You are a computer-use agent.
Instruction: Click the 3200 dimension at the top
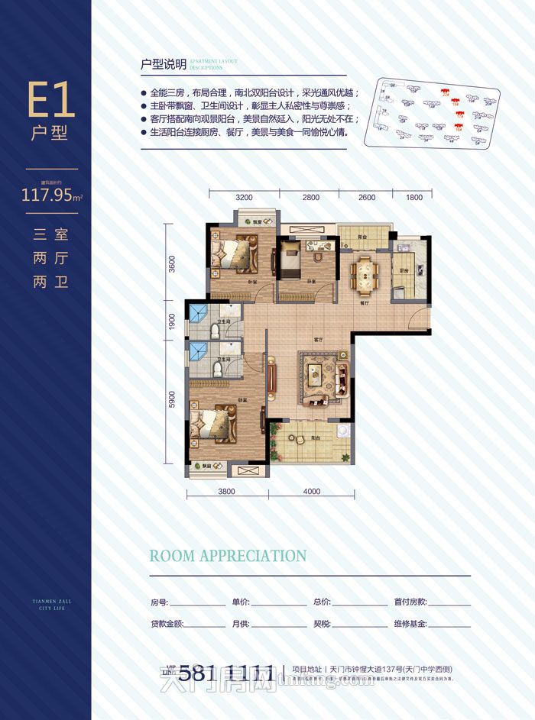click(x=244, y=198)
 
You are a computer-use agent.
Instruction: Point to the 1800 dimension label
click(x=413, y=198)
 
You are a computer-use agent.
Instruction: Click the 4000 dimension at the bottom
click(x=311, y=492)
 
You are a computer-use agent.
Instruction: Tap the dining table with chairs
click(x=363, y=273)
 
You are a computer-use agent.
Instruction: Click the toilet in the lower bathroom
click(x=218, y=370)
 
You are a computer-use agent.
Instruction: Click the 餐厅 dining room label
click(x=365, y=302)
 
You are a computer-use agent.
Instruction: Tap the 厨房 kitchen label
click(x=403, y=272)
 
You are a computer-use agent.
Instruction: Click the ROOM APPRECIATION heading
click(x=228, y=556)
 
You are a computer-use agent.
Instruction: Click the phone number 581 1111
click(x=226, y=673)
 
